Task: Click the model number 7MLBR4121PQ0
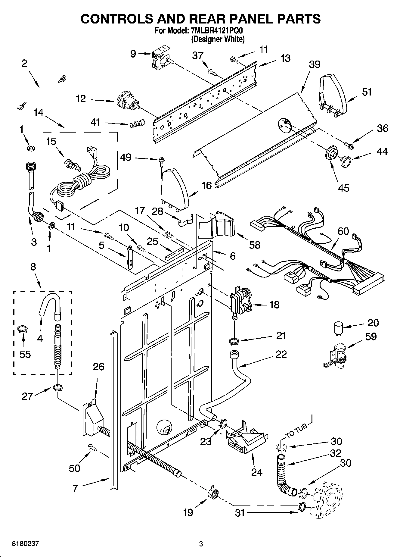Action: tap(216, 30)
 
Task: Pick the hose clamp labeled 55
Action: tap(23, 329)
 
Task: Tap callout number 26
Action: tap(98, 367)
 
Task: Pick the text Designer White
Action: tap(218, 39)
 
